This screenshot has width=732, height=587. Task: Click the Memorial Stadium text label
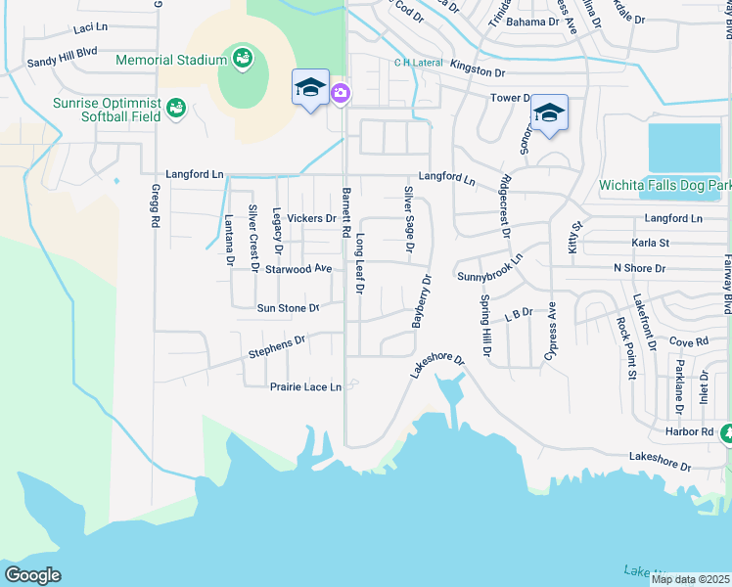pyautogui.click(x=171, y=60)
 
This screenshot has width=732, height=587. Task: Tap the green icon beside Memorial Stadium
pyautogui.click(x=241, y=59)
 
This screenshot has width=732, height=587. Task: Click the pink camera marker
pyautogui.click(x=341, y=94)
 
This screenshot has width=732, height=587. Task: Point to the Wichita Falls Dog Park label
pyautogui.click(x=664, y=185)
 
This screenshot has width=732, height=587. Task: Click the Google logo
pyautogui.click(x=32, y=575)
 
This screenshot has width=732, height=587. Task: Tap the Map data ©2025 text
pyautogui.click(x=691, y=579)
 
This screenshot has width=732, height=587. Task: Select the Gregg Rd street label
pyautogui.click(x=155, y=206)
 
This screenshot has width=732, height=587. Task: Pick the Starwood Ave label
pyautogui.click(x=298, y=268)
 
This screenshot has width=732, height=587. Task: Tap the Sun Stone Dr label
pyautogui.click(x=288, y=308)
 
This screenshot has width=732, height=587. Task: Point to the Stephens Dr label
pyautogui.click(x=277, y=345)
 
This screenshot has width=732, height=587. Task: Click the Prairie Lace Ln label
pyautogui.click(x=305, y=387)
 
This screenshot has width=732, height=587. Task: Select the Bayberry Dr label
pyautogui.click(x=422, y=301)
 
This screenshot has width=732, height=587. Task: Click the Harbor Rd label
pyautogui.click(x=693, y=431)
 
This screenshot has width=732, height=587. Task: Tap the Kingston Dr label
pyautogui.click(x=477, y=72)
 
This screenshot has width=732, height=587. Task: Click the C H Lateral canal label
pyautogui.click(x=415, y=63)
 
